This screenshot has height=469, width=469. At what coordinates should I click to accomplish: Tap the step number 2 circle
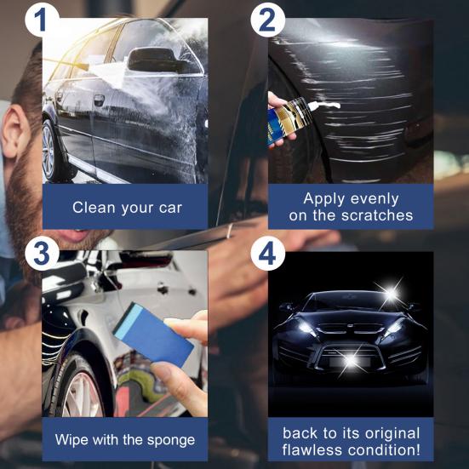pyautogui.click(x=266, y=19)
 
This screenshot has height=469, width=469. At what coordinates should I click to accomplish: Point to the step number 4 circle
pyautogui.click(x=266, y=253)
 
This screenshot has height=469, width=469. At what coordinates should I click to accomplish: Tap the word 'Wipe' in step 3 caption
pyautogui.click(x=72, y=440)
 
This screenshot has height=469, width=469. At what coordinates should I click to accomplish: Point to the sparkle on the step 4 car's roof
pyautogui.click(x=391, y=295)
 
